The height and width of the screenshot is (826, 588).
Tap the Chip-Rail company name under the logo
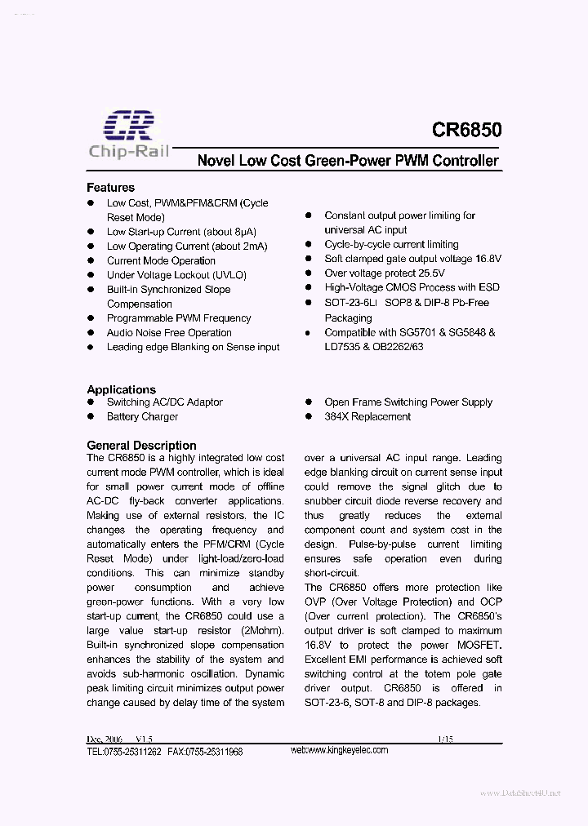[128, 151]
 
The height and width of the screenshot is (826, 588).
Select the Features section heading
[110, 188]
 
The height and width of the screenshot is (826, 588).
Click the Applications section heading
[121, 389]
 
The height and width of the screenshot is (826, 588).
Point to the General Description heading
[141, 445]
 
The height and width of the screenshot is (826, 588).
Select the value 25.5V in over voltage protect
[428, 273]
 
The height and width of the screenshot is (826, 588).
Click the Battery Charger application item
[142, 416]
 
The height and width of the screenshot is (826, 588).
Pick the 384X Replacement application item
[367, 416]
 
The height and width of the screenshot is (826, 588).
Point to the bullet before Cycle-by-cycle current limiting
[309, 245]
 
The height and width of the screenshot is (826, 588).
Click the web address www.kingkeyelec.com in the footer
[339, 750]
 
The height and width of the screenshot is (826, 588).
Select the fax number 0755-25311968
[214, 752]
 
